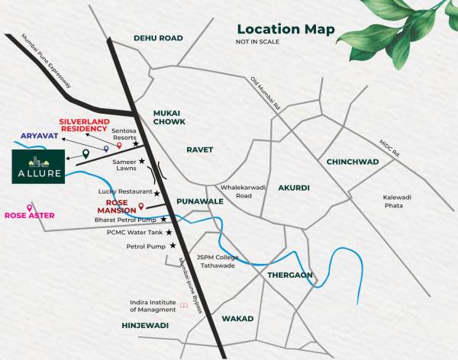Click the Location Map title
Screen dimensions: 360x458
285,29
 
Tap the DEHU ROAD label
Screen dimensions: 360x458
159,37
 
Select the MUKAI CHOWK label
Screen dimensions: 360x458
169,116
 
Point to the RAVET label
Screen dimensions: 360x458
199,150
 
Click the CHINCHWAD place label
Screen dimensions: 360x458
353,162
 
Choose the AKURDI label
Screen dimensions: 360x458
294,187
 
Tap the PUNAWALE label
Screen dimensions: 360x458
199,201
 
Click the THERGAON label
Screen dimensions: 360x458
290,275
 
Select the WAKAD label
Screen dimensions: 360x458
237,318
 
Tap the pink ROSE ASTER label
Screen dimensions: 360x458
30,216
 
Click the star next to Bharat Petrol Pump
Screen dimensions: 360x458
163,219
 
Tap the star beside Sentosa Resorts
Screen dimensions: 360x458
137,143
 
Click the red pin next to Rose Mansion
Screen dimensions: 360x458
142,206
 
